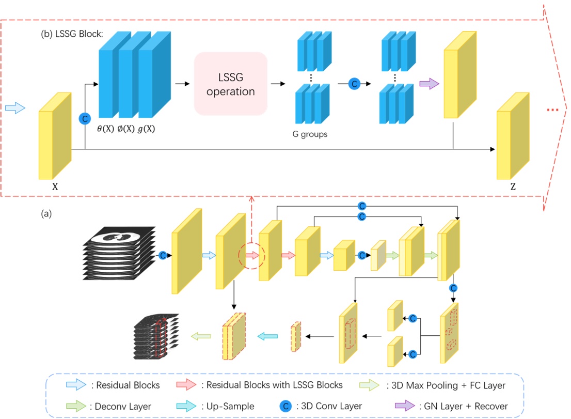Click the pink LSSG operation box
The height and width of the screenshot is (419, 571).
click(230, 83)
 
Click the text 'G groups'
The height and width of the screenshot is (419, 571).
click(310, 135)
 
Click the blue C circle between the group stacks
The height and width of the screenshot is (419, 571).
click(354, 83)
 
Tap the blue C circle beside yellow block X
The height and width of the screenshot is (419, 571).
click(84, 119)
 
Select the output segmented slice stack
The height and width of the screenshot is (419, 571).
click(156, 336)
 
